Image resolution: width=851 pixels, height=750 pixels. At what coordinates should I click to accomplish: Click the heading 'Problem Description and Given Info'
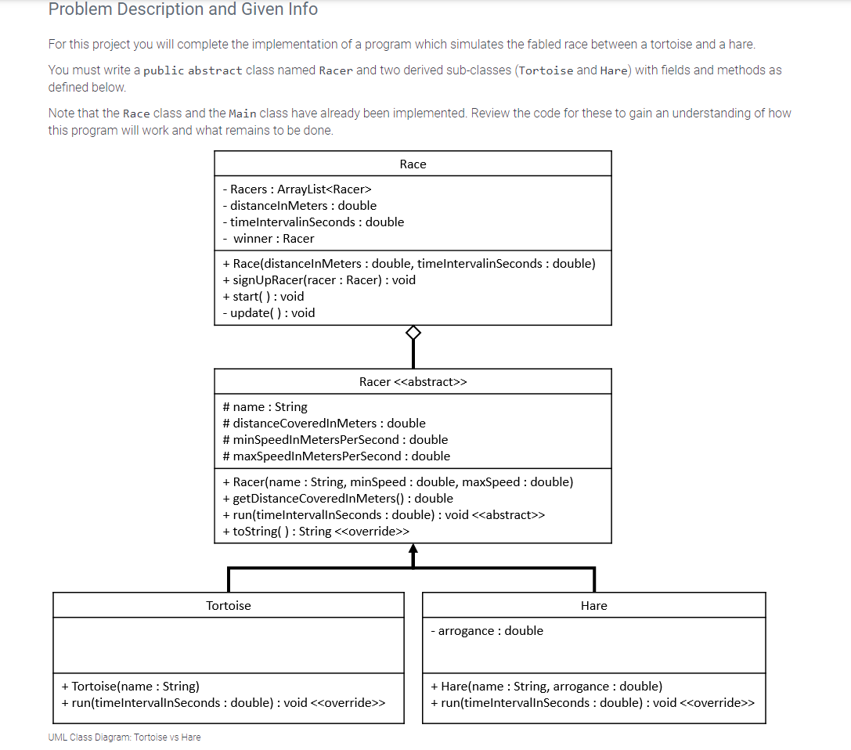click(183, 9)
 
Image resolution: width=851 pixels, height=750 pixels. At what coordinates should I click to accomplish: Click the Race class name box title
click(413, 164)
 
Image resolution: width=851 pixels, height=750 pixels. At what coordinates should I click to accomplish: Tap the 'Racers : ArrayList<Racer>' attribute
click(297, 189)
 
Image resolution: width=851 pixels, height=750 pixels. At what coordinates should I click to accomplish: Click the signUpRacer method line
click(319, 279)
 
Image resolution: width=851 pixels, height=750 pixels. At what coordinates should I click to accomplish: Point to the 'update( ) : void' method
click(269, 312)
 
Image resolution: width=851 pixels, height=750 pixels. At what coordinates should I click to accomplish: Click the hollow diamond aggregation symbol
click(413, 334)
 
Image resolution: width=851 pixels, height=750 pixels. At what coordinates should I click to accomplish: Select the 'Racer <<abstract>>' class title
click(413, 381)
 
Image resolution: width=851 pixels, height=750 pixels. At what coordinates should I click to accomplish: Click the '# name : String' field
click(265, 406)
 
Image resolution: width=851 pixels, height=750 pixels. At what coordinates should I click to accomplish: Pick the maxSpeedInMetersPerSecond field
click(336, 456)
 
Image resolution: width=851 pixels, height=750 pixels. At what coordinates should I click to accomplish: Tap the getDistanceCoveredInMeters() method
click(337, 498)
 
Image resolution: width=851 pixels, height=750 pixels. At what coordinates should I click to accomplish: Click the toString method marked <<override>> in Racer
click(316, 532)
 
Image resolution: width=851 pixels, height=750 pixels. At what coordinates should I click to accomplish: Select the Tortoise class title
click(229, 605)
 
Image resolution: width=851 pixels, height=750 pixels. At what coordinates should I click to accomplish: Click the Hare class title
click(594, 605)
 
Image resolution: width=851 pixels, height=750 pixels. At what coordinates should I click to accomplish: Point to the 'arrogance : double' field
click(486, 630)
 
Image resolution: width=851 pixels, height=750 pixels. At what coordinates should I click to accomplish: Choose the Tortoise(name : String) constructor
click(130, 686)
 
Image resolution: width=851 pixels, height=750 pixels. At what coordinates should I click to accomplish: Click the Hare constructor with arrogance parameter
click(546, 686)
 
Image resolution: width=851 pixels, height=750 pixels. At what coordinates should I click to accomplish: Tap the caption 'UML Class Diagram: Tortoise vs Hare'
click(124, 737)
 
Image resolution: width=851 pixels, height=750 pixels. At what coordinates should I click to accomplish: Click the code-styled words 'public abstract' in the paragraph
click(193, 70)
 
